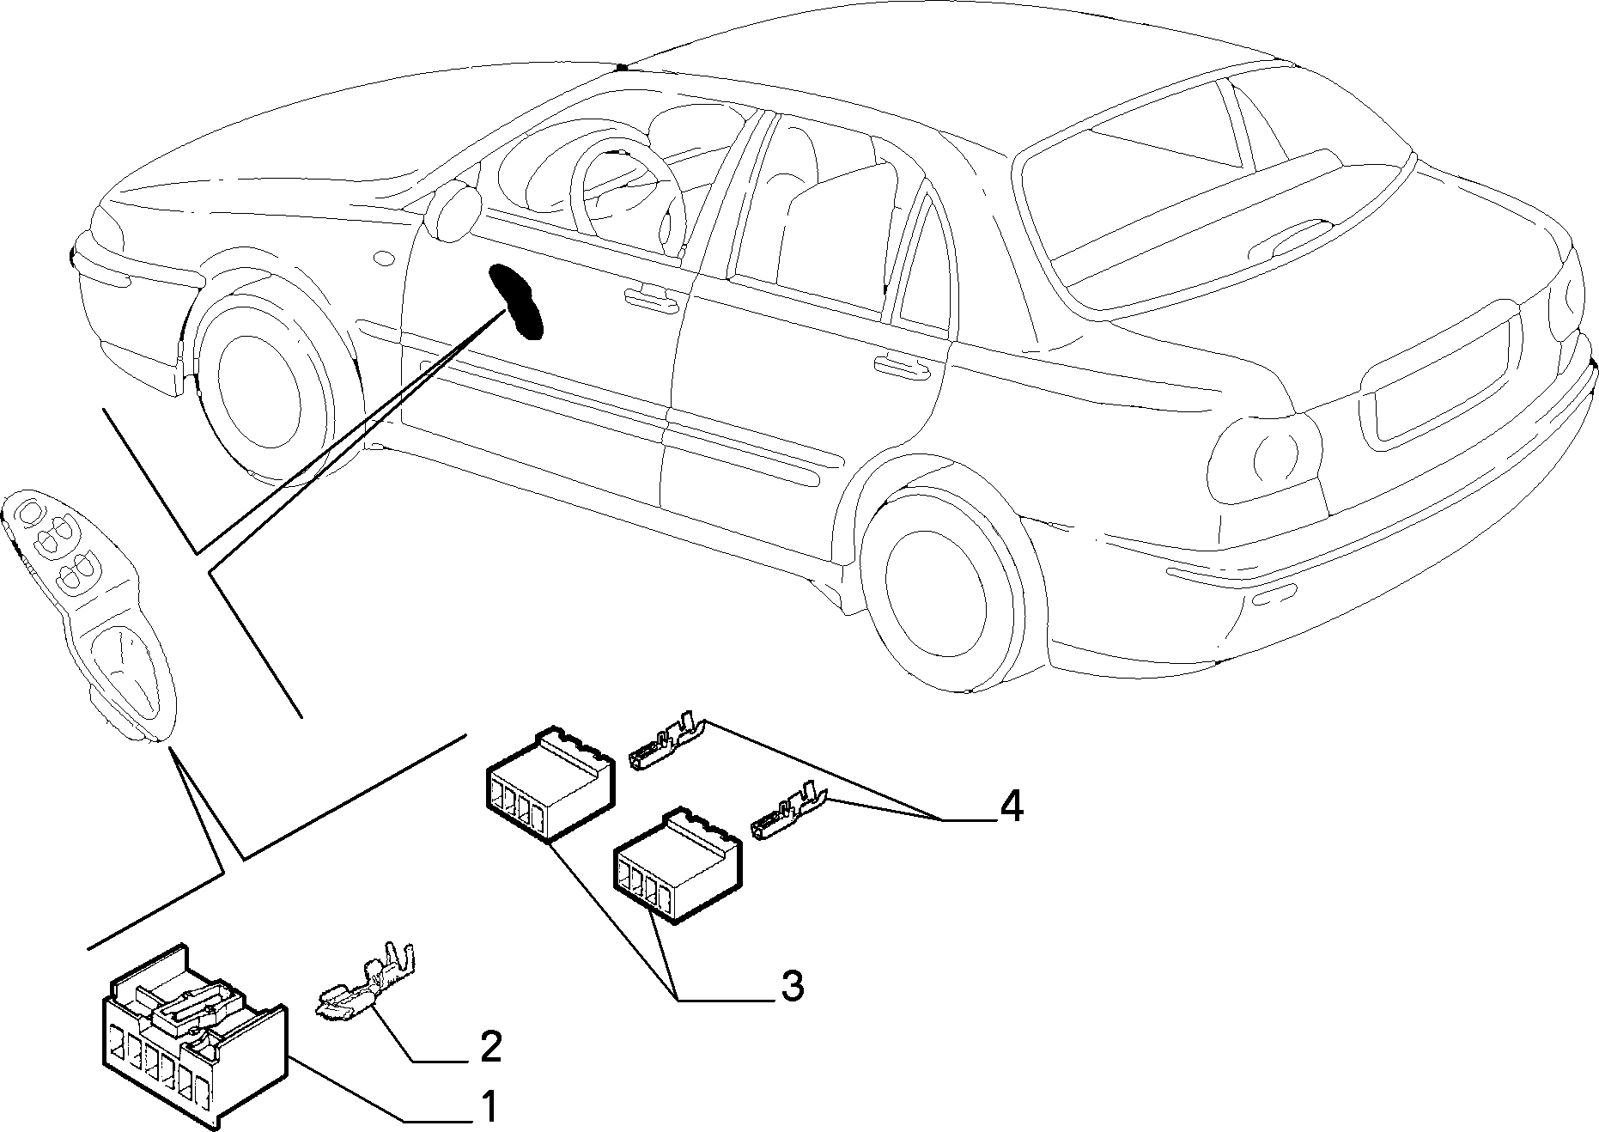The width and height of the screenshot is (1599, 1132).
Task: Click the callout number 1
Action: click(487, 1106)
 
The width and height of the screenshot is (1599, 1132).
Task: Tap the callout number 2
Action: click(489, 1046)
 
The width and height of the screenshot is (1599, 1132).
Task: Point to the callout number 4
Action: click(1011, 806)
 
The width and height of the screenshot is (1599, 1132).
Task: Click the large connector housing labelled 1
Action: click(196, 1035)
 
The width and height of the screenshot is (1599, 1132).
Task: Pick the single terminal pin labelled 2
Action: click(365, 985)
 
